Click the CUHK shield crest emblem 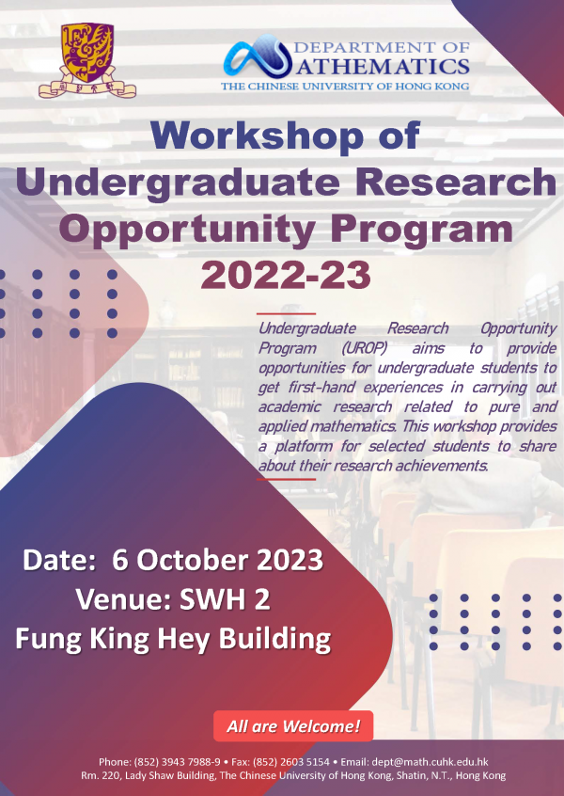(87, 60)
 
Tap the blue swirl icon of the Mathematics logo (258, 56)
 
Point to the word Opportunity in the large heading (189, 230)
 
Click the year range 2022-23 (286, 276)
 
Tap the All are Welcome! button (293, 726)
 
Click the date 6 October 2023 (217, 561)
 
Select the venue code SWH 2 (225, 600)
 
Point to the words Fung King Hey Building (173, 640)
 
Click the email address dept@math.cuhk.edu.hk (431, 762)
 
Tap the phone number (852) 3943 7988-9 (177, 762)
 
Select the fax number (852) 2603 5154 (290, 762)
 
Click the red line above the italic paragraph (286, 314)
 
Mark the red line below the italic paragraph (286, 479)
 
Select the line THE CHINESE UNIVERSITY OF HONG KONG (345, 87)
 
